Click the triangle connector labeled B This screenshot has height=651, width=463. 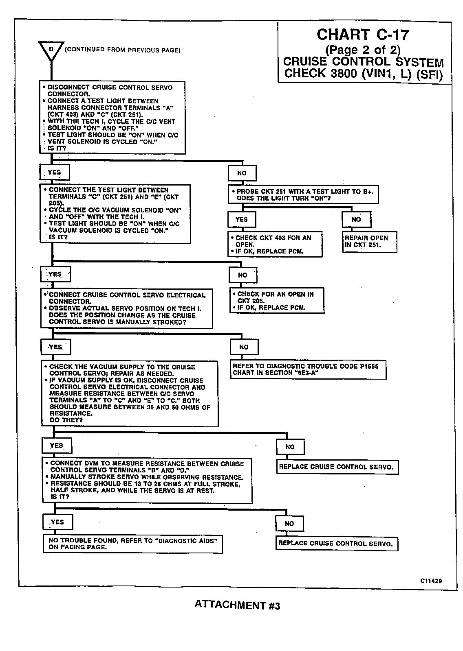[x=51, y=50]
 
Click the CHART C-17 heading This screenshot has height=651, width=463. [x=362, y=35]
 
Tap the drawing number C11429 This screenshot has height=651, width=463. [x=431, y=581]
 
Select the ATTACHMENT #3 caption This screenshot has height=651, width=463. [x=237, y=605]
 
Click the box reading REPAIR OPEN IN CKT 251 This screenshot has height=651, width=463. [x=369, y=242]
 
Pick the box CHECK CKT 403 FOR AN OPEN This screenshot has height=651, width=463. [x=275, y=244]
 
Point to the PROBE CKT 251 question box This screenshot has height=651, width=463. [x=303, y=195]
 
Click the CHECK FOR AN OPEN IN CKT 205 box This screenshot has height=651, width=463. [x=277, y=301]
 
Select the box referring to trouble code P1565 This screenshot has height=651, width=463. [x=308, y=369]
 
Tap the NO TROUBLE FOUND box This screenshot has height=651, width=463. [x=133, y=544]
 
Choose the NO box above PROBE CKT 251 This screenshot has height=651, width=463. [x=242, y=173]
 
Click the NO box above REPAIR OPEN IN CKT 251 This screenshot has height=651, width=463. [x=356, y=219]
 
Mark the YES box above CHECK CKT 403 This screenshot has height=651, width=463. [x=242, y=219]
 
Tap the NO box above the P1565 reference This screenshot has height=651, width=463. [x=244, y=347]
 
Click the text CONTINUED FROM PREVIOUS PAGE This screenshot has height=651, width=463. [x=123, y=50]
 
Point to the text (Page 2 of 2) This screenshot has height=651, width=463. [x=363, y=50]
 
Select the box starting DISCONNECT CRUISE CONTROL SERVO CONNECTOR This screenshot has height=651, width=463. [x=112, y=117]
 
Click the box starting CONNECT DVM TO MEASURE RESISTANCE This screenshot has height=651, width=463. [x=147, y=481]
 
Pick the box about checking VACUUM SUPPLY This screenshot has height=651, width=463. [x=130, y=393]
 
